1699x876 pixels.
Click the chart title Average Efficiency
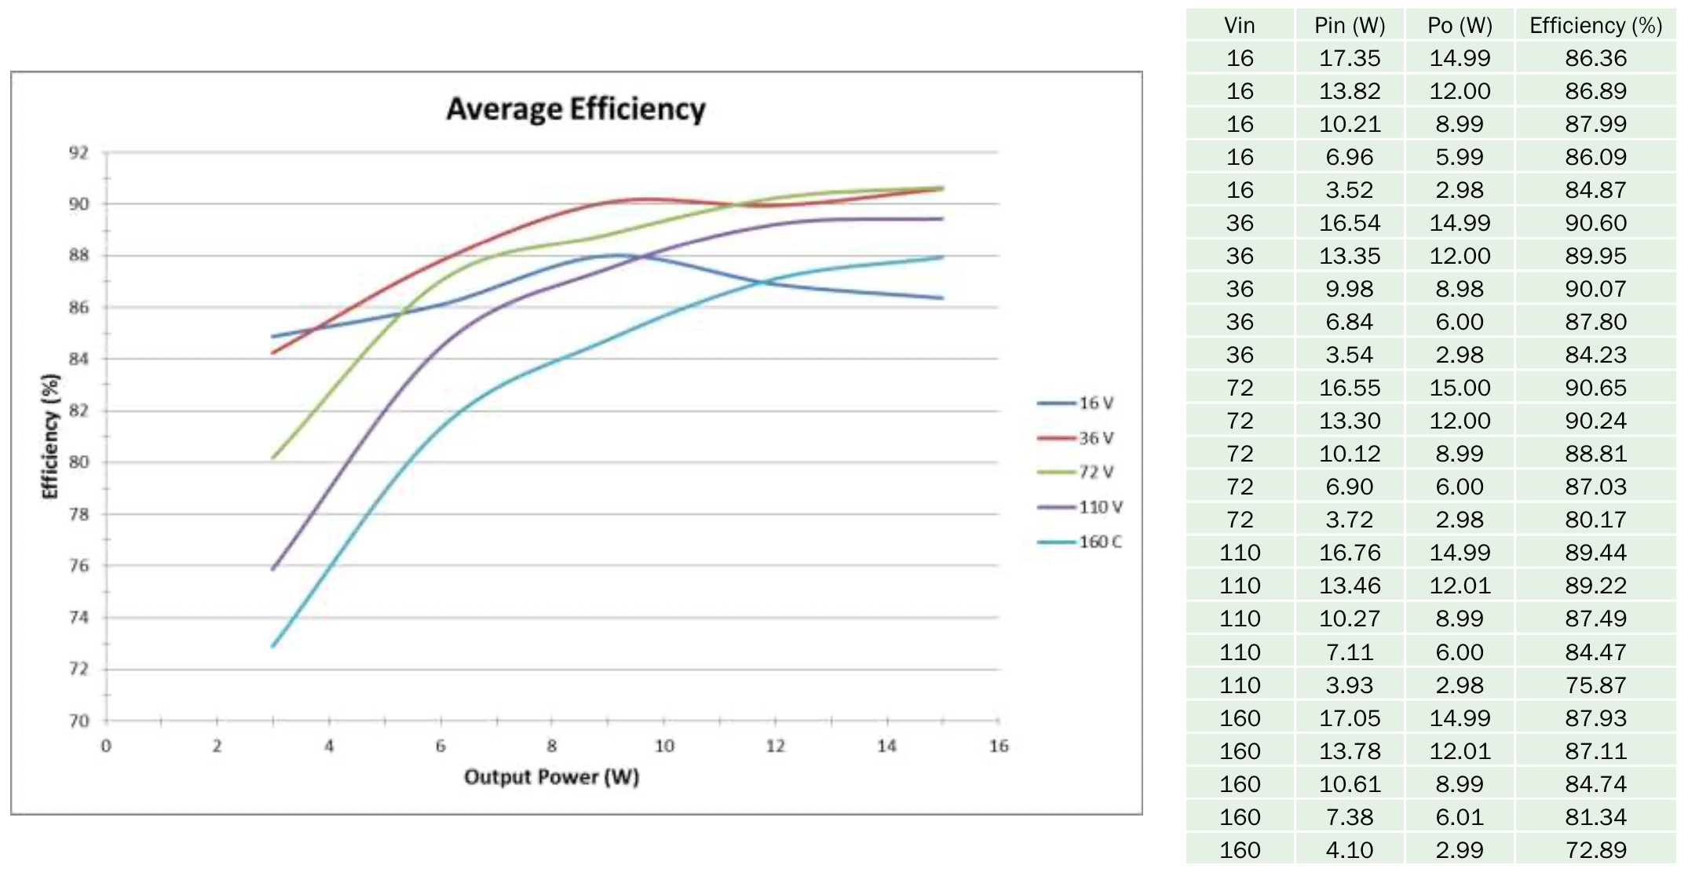[x=575, y=108]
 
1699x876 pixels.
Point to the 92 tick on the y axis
[x=79, y=152]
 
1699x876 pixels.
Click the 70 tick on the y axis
[x=79, y=721]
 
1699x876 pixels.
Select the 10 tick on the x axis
[x=664, y=746]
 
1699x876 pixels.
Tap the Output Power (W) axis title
[x=551, y=777]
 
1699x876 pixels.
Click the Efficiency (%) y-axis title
[x=50, y=436]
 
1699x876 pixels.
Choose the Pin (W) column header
[x=1350, y=25]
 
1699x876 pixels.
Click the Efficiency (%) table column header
[x=1595, y=25]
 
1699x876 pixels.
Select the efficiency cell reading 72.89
[x=1595, y=850]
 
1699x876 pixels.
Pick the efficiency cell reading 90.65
[x=1595, y=388]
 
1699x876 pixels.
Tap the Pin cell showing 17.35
[x=1350, y=58]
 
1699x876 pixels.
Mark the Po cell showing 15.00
[x=1460, y=388]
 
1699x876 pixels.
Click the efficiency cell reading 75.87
[x=1595, y=685]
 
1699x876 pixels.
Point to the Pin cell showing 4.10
[x=1350, y=850]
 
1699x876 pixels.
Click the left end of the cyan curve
[x=273, y=646]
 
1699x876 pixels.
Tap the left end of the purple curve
[x=273, y=569]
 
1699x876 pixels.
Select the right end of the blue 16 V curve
[x=942, y=297]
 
